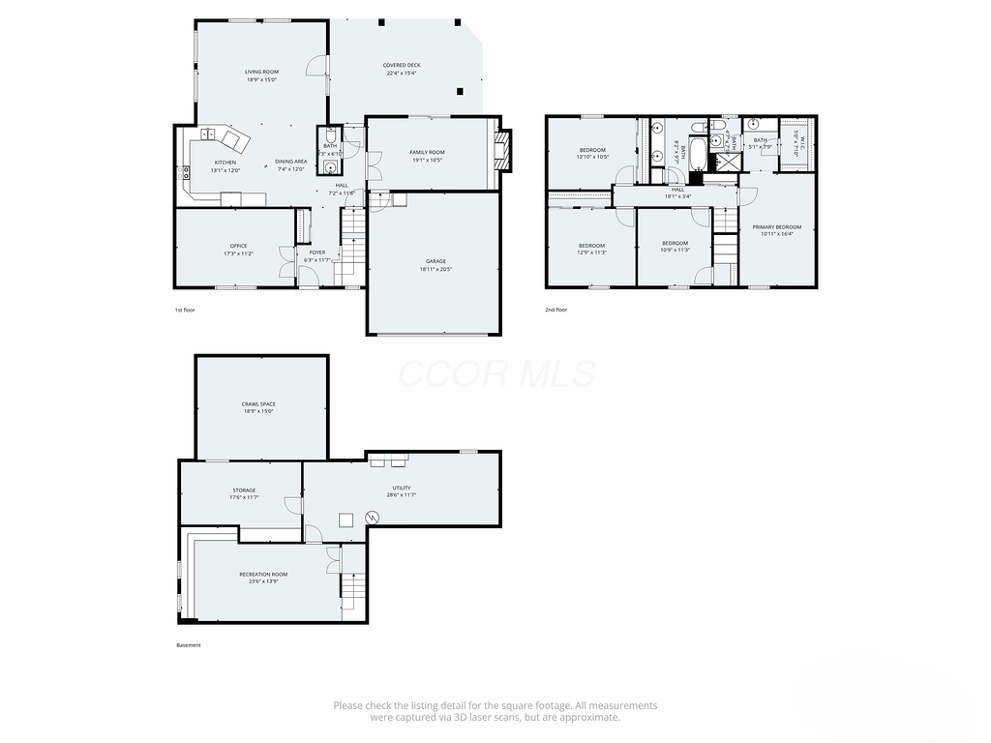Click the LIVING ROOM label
(261, 73)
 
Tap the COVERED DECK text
(403, 66)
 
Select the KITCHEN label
(225, 163)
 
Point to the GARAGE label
(435, 261)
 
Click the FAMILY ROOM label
(427, 152)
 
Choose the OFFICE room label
(239, 246)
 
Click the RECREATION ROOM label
(264, 575)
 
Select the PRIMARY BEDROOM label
(777, 227)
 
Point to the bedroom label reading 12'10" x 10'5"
(592, 150)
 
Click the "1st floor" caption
(185, 310)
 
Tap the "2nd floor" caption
(556, 310)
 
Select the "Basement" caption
(189, 645)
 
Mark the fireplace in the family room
(501, 151)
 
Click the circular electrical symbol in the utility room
(373, 518)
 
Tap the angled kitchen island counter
(235, 140)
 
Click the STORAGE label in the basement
(244, 490)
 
